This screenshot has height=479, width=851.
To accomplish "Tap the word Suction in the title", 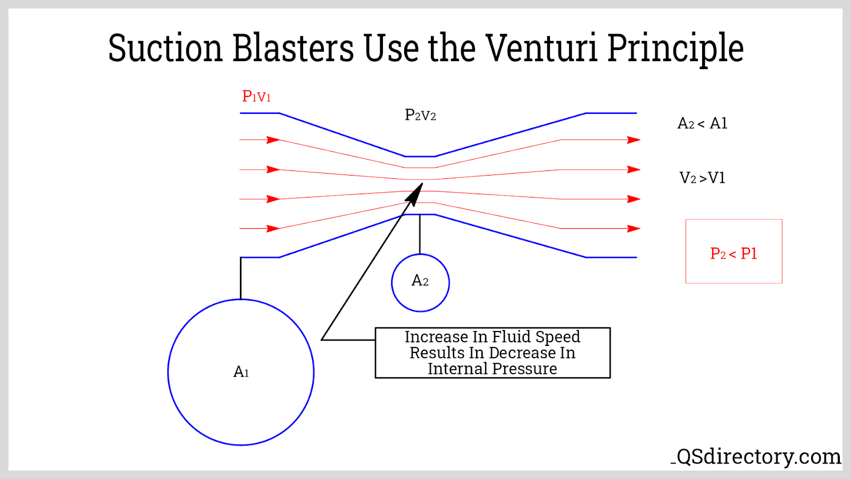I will click(165, 48).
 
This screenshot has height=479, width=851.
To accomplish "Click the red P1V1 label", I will click(256, 96).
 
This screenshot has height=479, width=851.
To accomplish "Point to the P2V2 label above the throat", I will click(420, 115).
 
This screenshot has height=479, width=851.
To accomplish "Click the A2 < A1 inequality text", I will click(702, 123).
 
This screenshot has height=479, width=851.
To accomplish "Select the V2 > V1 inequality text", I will click(702, 178).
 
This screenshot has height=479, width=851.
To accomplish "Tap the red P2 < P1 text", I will click(733, 253).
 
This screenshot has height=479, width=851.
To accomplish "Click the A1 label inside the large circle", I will click(241, 371).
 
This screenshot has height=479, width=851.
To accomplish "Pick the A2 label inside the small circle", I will click(420, 280).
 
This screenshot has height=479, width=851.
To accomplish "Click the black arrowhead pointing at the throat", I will click(415, 194).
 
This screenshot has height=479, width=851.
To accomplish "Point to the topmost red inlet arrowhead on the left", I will click(273, 140).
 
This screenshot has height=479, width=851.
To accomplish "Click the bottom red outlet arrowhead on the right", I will click(633, 228).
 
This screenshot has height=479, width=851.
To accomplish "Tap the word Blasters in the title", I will click(293, 48).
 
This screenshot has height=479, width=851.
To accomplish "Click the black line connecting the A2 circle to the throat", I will click(420, 234).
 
